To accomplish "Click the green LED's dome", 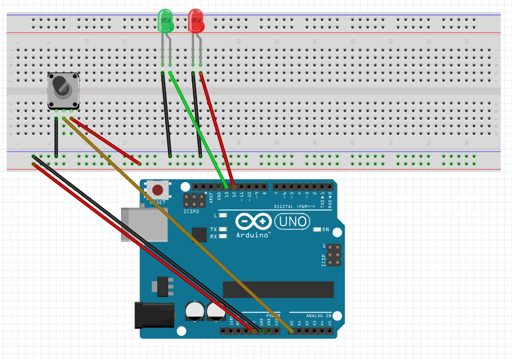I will coord(166,20).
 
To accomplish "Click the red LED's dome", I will coord(195,20).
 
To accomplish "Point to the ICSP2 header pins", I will coord(194,201).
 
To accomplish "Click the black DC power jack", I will coord(155,314).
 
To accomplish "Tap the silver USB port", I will coord(144,225).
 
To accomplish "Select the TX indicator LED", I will coord(224,229).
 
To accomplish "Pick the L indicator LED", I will coord(224,215).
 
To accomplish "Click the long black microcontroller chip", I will coord(278,290).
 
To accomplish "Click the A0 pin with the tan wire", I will coord(291,331).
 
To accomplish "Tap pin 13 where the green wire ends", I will coord(226,186).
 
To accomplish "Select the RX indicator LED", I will coord(224,236).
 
